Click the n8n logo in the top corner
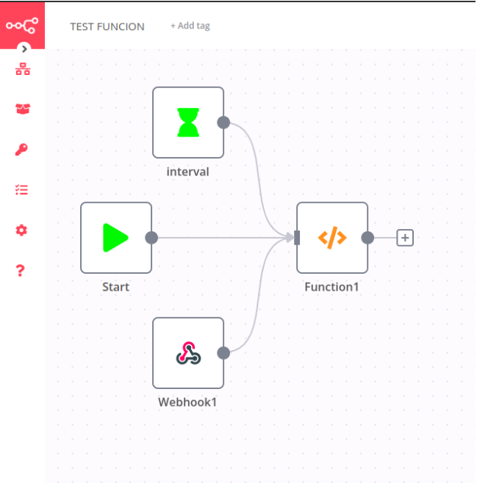pos(22,25)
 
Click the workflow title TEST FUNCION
pos(107,26)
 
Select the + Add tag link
pos(190,26)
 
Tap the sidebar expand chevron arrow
pos(24,49)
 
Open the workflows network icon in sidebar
pos(22,70)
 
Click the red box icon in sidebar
pos(22,109)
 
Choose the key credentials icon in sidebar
pos(22,150)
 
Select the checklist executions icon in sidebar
pos(22,189)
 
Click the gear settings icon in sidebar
pos(22,230)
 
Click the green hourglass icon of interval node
pos(188,123)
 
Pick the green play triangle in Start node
pos(115,238)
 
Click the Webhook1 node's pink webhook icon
pos(188,353)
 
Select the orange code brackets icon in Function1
pos(332,238)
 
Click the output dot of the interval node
pos(223,123)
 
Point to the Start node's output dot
pos(151,238)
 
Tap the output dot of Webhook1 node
pos(223,353)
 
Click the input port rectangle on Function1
pos(297,238)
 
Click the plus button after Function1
pos(405,238)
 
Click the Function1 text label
pos(332,287)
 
